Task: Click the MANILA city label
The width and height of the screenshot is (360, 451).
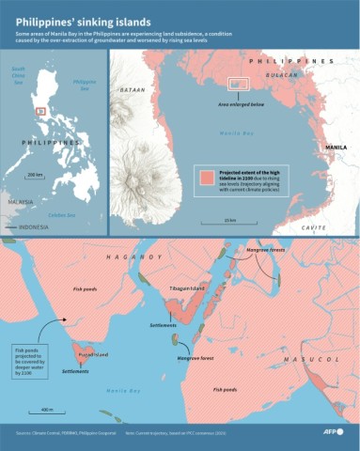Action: point(335,148)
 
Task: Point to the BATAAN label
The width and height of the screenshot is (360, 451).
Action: point(131,89)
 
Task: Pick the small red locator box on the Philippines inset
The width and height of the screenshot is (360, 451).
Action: point(39,111)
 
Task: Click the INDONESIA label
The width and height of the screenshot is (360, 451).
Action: point(35,227)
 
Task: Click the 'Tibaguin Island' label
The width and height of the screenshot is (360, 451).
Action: point(185,288)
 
